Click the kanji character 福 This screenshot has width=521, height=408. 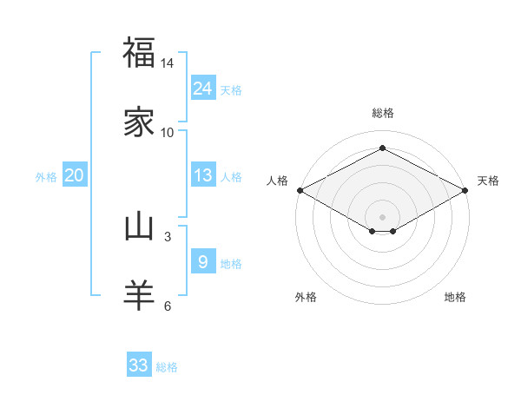[139, 53]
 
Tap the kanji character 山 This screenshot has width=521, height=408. [139, 227]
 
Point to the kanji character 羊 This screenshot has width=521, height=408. [139, 294]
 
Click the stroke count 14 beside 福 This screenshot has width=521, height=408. [168, 64]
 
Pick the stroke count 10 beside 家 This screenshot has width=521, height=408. [168, 132]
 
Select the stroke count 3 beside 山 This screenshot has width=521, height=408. [168, 236]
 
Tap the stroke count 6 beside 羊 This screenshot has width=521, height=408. [168, 305]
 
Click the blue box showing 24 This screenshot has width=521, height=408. [202, 88]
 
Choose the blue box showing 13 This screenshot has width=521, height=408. [202, 175]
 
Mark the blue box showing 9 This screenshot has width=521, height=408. [202, 261]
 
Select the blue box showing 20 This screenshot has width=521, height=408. [74, 175]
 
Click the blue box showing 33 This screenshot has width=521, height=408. [138, 365]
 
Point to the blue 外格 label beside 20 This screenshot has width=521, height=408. [46, 177]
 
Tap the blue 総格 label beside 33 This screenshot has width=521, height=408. [167, 367]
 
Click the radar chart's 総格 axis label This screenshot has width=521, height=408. [383, 113]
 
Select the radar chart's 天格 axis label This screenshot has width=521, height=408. [488, 181]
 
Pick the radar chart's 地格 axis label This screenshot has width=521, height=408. [455, 297]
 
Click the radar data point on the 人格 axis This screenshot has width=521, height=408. [300, 190]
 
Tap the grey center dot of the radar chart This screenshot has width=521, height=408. [383, 215]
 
